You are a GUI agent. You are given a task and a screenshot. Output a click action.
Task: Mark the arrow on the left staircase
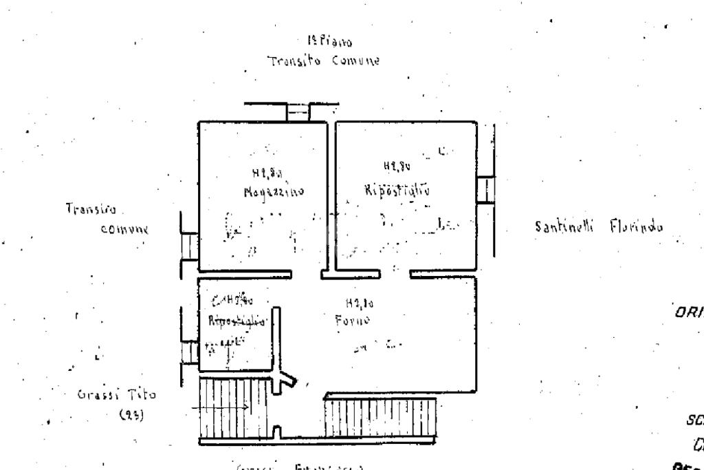[x=221, y=408]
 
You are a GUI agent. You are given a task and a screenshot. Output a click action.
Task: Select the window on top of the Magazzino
[x=298, y=111]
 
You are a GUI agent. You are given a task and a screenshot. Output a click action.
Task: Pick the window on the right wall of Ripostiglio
[x=486, y=189]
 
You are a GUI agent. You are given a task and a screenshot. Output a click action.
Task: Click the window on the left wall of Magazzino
[x=189, y=246]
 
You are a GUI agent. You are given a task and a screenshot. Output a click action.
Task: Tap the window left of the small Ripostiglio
[x=190, y=351]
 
